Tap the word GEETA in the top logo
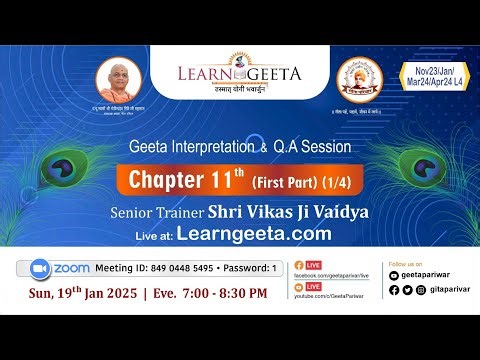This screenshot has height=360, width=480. [x=267, y=72]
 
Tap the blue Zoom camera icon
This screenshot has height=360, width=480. [x=41, y=269]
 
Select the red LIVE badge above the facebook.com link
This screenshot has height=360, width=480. [x=313, y=262]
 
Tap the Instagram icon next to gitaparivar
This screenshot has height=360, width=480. [x=422, y=290]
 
